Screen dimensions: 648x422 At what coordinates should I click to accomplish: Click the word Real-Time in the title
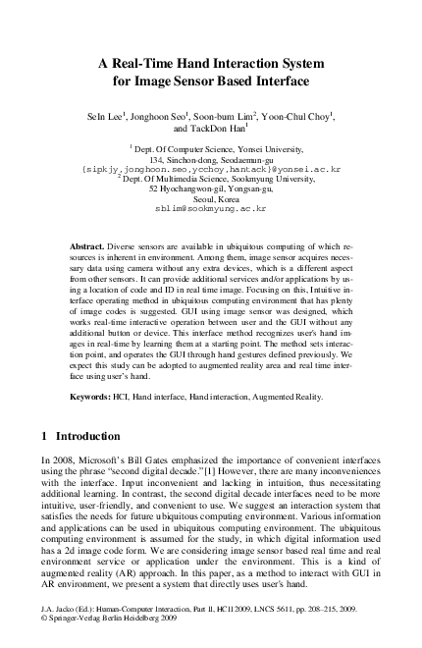[161, 61]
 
